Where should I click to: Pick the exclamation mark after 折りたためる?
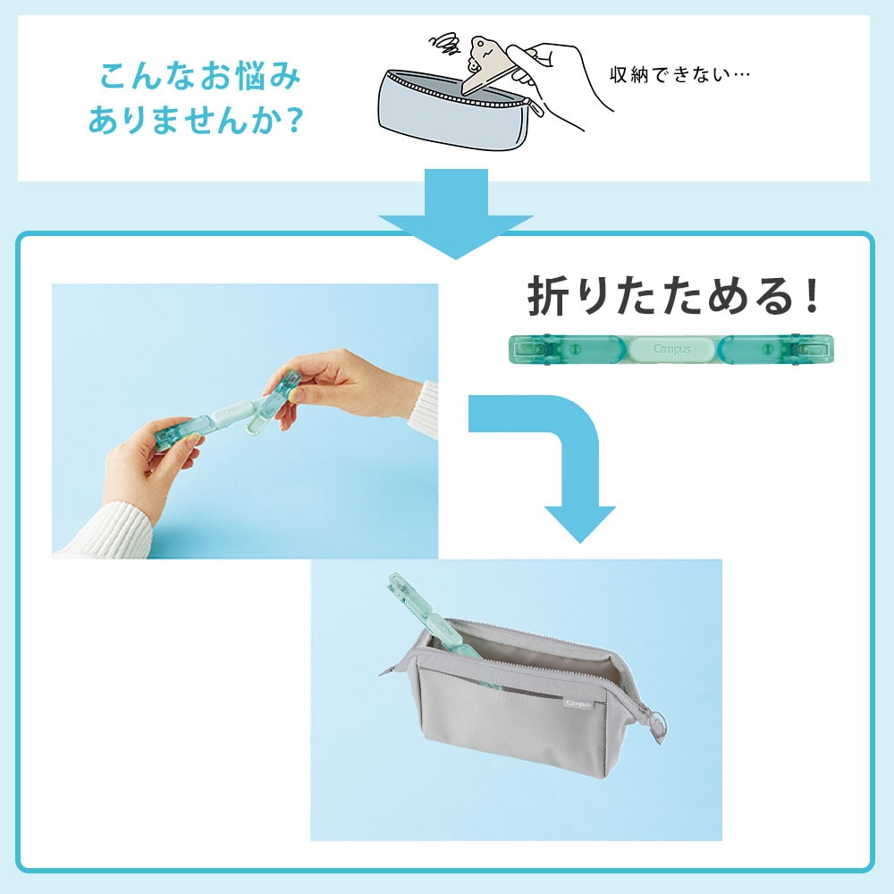coord(810,298)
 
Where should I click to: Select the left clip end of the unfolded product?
coord(541,349)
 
